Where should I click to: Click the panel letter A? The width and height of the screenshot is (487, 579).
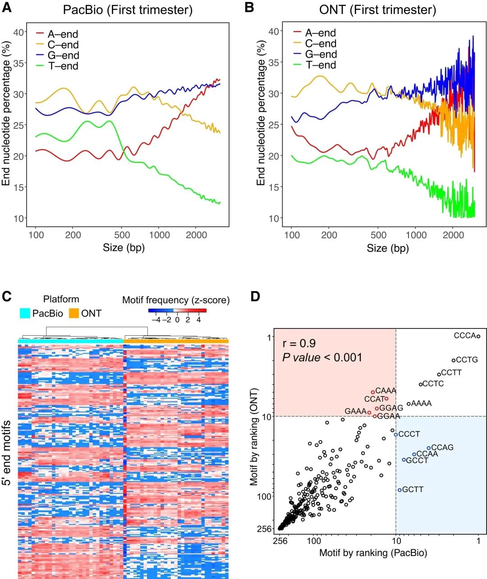coord(7,8)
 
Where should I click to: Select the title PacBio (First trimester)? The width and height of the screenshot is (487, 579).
coord(128,10)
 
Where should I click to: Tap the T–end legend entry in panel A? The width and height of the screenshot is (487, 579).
coord(63,66)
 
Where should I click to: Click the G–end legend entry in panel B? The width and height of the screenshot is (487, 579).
coord(321,55)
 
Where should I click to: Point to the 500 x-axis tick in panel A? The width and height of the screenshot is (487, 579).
coord(122,235)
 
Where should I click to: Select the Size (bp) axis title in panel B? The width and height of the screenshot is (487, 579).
coord(388,248)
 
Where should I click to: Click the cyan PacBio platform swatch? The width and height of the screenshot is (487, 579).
coord(25,313)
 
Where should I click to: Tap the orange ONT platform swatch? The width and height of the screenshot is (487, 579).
coord(74,313)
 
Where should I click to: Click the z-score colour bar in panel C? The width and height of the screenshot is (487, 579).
coord(177,310)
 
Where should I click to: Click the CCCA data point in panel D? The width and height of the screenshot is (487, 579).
coord(478,336)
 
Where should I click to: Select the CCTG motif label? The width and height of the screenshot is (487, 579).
coord(467,360)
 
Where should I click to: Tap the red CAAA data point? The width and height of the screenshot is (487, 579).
coord(373,392)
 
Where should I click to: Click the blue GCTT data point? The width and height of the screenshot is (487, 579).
coord(400,490)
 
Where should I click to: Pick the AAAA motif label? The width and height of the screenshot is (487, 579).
coord(422,404)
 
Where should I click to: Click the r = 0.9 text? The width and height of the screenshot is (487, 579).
coord(299,343)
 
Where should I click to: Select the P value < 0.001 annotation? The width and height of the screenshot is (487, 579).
coord(322,357)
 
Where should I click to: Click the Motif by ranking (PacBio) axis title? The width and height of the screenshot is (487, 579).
coord(373,553)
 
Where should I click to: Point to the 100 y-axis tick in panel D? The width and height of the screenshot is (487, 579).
coord(263,496)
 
